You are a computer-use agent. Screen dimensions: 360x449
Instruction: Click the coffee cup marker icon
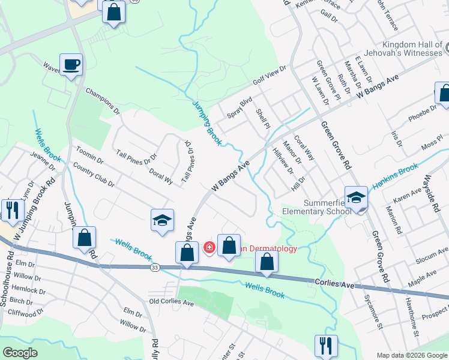[x=71, y=65]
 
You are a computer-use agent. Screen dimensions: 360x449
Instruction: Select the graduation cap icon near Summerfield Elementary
[x=356, y=197]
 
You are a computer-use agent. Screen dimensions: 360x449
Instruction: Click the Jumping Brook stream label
[x=208, y=122]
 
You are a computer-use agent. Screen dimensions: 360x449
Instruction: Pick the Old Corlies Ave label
[x=171, y=302]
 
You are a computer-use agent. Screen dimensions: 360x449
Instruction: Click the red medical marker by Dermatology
[x=209, y=247]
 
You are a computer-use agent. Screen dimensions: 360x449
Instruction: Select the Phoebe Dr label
[x=423, y=112]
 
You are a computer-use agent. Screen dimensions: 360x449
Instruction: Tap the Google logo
[x=20, y=353]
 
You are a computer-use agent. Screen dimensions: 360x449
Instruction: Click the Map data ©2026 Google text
[x=411, y=355]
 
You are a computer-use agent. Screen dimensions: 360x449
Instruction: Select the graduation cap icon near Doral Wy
[x=161, y=220]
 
